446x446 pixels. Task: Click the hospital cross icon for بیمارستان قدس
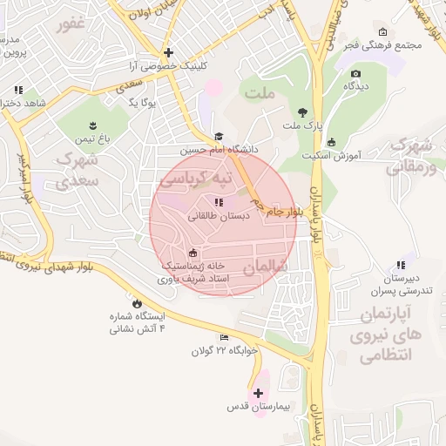click(x=257, y=394)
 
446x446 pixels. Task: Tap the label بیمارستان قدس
click(x=258, y=407)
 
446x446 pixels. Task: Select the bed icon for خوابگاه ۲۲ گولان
click(x=224, y=338)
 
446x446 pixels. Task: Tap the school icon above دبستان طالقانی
click(x=218, y=202)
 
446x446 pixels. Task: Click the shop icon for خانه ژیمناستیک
click(x=193, y=253)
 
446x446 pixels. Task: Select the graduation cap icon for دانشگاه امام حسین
click(x=219, y=137)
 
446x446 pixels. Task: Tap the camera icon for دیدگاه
click(x=355, y=73)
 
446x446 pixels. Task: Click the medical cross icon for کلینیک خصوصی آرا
click(x=169, y=52)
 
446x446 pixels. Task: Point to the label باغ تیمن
click(x=95, y=139)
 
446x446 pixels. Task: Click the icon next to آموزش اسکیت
click(x=331, y=143)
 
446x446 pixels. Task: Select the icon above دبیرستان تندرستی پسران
click(x=400, y=265)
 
